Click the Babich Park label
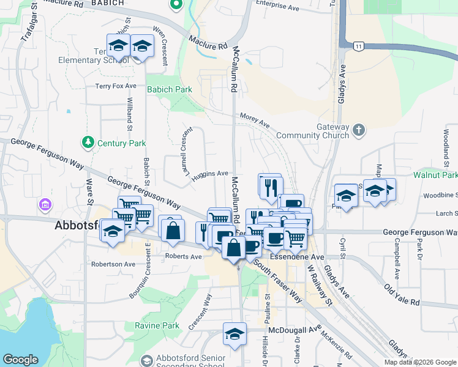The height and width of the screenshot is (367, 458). pos(169,89)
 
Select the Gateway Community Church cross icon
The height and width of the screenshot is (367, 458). pos(359,130)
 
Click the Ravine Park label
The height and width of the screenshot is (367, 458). pos(157,326)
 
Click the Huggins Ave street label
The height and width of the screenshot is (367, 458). pos(210,175)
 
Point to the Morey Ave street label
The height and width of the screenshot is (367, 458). pos(255,120)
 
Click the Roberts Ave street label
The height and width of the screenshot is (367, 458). pos(183,257)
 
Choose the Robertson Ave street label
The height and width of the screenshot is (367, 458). pos(113,265)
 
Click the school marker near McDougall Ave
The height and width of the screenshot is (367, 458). pos(235,334)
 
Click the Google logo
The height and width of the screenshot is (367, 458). pos(21,360)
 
